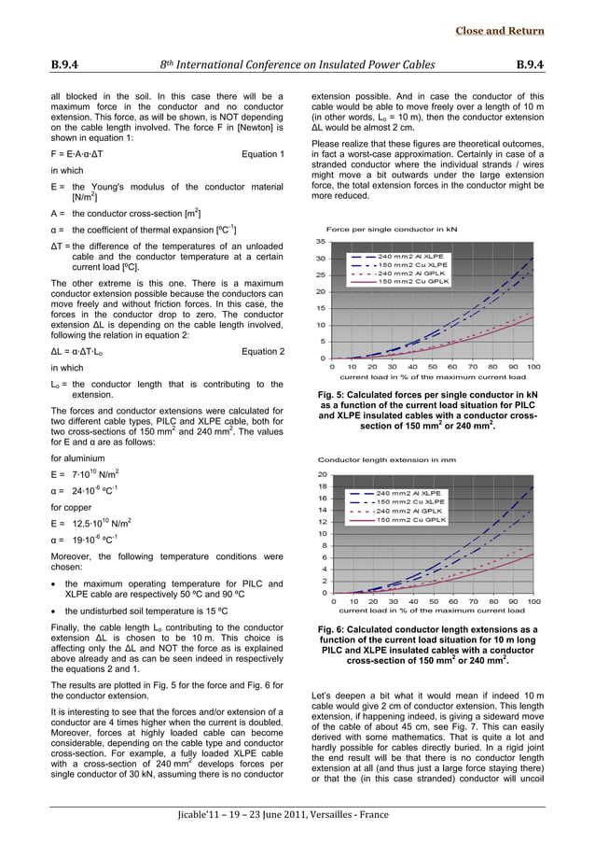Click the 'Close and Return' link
(x=499, y=31)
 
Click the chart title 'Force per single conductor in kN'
(x=392, y=228)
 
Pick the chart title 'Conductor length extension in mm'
(x=386, y=460)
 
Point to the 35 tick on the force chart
(x=320, y=242)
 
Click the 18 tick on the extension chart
(x=322, y=486)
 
